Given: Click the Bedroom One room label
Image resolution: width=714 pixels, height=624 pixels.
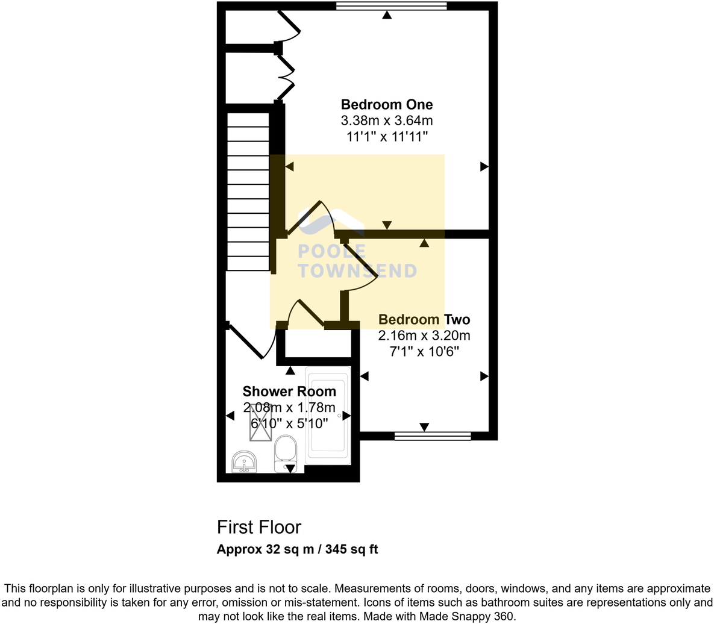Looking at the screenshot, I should tap(387, 104).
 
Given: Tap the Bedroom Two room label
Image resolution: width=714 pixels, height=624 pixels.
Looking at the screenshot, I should tap(424, 320).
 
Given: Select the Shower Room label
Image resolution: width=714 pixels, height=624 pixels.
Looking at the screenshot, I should tap(289, 392).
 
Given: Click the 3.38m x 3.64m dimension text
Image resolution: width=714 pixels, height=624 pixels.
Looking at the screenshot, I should tap(387, 120).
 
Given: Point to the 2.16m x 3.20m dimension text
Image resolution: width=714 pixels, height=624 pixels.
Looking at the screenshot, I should tap(424, 335).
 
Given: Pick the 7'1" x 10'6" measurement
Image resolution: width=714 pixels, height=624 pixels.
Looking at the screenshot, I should tap(424, 351).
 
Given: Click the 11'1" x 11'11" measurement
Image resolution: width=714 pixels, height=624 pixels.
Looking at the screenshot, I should tap(387, 137).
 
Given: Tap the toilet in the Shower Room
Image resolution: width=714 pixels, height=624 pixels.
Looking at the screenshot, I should tap(285, 453).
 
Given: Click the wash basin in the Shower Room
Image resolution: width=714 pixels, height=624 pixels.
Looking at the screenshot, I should tap(244, 462).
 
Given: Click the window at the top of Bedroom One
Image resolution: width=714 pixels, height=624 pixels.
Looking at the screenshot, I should tap(391, 6).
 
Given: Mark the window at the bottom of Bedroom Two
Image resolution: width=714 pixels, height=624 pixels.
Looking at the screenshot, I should tap(432, 435).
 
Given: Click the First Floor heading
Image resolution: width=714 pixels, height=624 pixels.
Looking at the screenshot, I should tap(259, 528).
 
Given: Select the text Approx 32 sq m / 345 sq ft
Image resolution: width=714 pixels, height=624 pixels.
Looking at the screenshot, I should tap(297, 549).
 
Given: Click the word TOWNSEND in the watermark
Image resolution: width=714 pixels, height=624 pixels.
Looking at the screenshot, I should tap(357, 271).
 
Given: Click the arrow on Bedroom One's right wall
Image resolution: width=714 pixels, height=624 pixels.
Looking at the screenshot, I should tap(484, 167).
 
